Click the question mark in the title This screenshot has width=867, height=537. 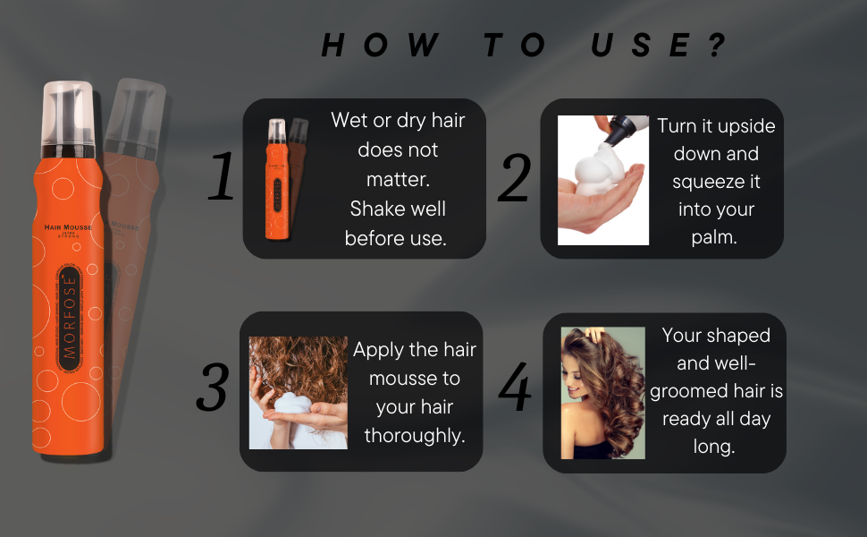pos(716,45)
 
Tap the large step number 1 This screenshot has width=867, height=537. pos(222,176)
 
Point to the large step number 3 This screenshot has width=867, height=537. pos(213,388)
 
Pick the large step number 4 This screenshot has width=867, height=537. pos(514,388)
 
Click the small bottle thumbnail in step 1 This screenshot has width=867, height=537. pos(279,179)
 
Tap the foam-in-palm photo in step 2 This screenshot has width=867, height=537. pos(603,179)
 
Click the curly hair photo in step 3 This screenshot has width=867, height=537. pos(298,392)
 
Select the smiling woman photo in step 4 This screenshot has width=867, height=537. pos(602,392)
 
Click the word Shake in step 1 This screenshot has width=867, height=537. pos(375,209)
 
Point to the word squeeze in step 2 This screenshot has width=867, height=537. pos(716,182)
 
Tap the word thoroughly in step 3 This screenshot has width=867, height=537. pos(414,436)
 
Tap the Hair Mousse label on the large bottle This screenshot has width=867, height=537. pos(68,228)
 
